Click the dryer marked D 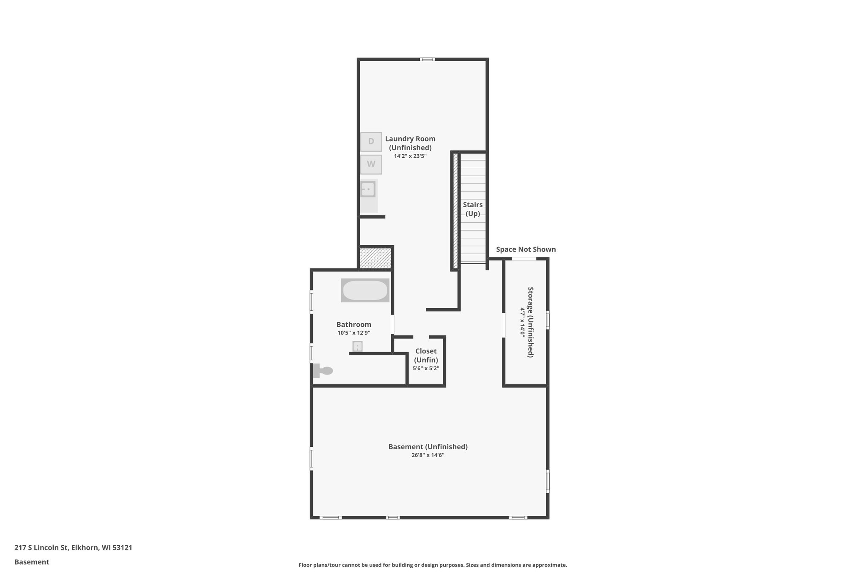tap(371, 142)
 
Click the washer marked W tap(371, 164)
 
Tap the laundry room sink tap(368, 189)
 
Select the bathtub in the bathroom tap(365, 290)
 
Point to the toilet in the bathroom tap(323, 371)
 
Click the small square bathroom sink tap(357, 347)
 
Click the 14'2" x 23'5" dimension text tap(410, 156)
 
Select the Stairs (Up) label tap(473, 209)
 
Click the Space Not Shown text tap(526, 249)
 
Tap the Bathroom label tap(354, 325)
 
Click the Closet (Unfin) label tap(426, 355)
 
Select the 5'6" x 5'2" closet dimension tap(426, 368)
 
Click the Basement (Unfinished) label tap(428, 447)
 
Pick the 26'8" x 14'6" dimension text tap(428, 455)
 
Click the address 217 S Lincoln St tap(73, 547)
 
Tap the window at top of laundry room tap(427, 59)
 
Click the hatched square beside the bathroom tap(375, 258)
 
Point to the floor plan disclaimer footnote tap(433, 565)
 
